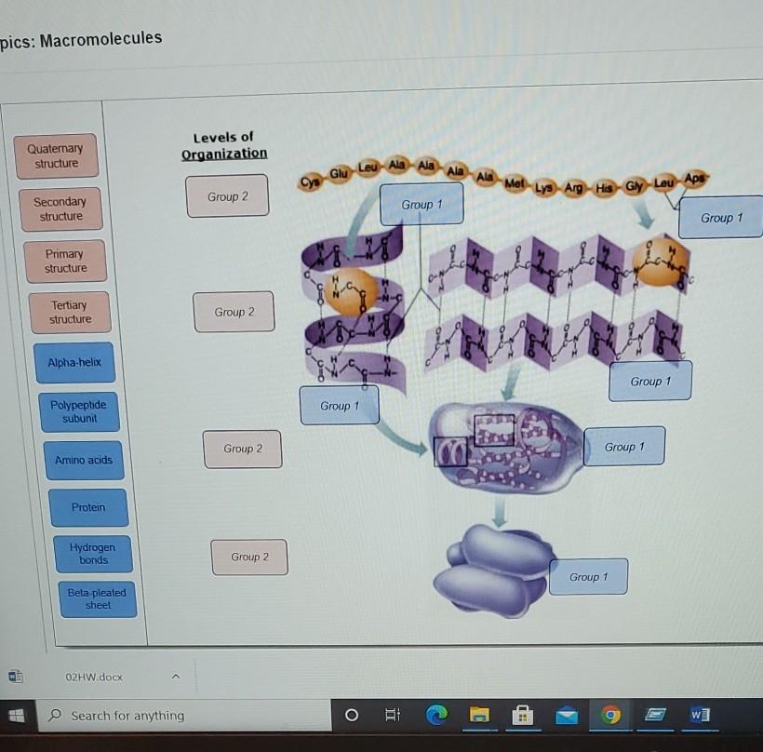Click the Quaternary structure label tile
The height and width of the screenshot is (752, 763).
55,156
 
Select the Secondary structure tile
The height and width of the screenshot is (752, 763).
60,209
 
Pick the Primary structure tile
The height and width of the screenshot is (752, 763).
65,261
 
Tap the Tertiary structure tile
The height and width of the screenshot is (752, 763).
70,312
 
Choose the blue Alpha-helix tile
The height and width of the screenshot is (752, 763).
74,362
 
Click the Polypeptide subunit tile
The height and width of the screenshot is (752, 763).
79,411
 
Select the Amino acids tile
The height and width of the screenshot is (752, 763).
83,460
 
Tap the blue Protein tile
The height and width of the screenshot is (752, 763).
88,507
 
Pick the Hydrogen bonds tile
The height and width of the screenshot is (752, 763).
93,554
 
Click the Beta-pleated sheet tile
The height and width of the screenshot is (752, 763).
97,598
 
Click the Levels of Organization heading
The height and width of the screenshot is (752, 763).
223,145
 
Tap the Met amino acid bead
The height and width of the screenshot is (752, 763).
514,184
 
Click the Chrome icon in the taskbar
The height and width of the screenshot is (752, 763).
610,715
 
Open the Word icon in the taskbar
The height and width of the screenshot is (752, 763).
700,715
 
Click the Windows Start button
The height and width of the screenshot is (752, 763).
17,716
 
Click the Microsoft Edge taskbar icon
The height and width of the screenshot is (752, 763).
436,715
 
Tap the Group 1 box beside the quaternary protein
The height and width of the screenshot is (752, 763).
588,577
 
